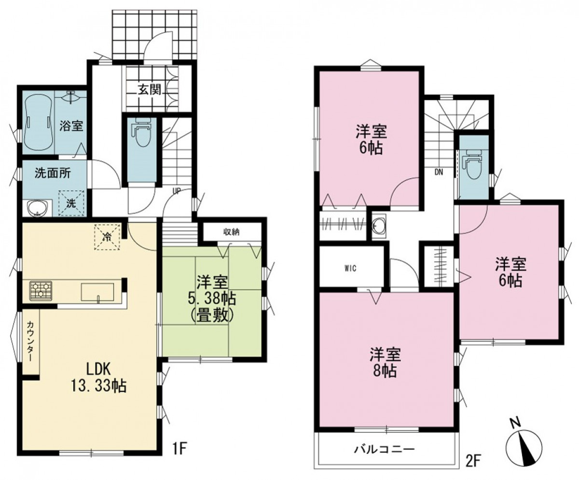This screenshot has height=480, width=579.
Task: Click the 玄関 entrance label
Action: (150, 90)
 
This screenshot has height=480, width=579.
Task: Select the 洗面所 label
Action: (53, 173)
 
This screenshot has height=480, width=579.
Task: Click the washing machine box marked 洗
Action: (71, 203)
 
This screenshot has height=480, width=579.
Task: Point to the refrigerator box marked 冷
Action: (107, 237)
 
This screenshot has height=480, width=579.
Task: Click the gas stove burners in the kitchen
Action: (41, 290)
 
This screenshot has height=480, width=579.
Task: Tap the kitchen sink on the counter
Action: (97, 292)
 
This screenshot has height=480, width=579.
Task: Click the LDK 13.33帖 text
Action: (99, 378)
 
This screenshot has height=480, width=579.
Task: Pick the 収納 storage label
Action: (232, 231)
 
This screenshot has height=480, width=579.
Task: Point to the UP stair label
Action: (177, 191)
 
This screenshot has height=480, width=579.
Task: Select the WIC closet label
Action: (351, 268)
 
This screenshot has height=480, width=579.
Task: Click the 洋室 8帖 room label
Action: (385, 363)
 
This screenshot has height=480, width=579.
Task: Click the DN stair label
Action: (439, 172)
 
